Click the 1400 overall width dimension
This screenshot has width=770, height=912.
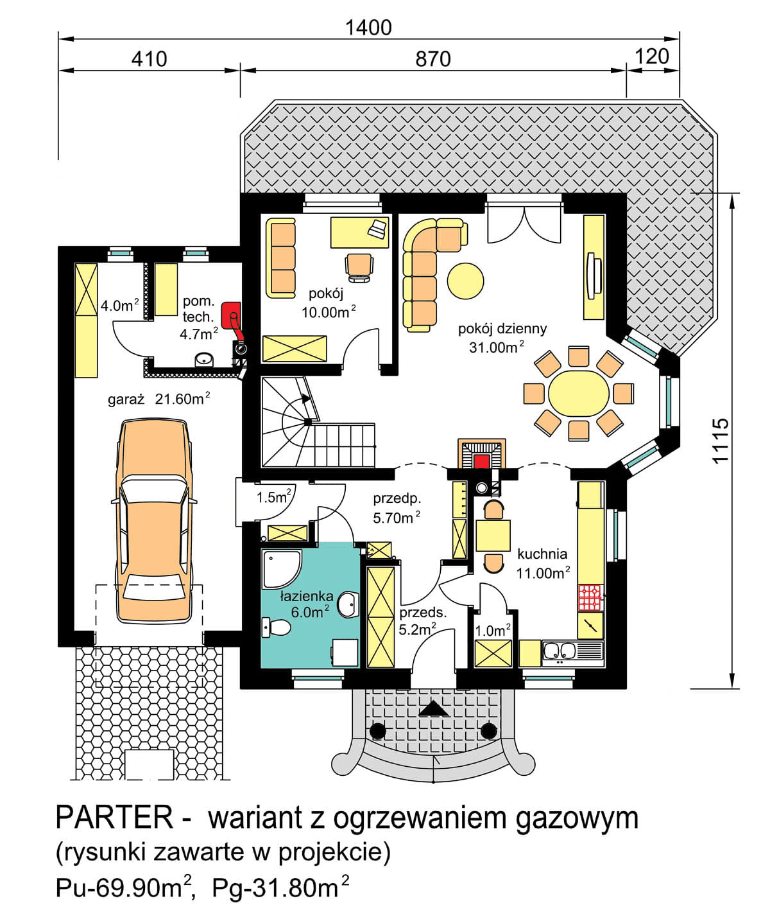tap(368, 27)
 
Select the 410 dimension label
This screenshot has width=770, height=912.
tap(149, 59)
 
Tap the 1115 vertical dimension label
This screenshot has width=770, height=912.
tap(721, 440)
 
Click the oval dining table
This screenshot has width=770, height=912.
tap(578, 392)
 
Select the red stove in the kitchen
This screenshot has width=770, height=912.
tap(590, 597)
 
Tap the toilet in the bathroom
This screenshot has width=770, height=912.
tap(275, 627)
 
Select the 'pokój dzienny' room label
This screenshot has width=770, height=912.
tap(502, 329)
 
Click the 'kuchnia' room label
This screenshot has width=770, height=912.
tap(542, 554)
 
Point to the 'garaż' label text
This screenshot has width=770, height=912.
tap(126, 399)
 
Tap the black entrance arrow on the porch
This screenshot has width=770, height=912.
tap(434, 708)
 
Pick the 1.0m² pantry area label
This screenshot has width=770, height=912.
tap(492, 631)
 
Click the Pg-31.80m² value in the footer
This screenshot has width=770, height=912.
tap(280, 888)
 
